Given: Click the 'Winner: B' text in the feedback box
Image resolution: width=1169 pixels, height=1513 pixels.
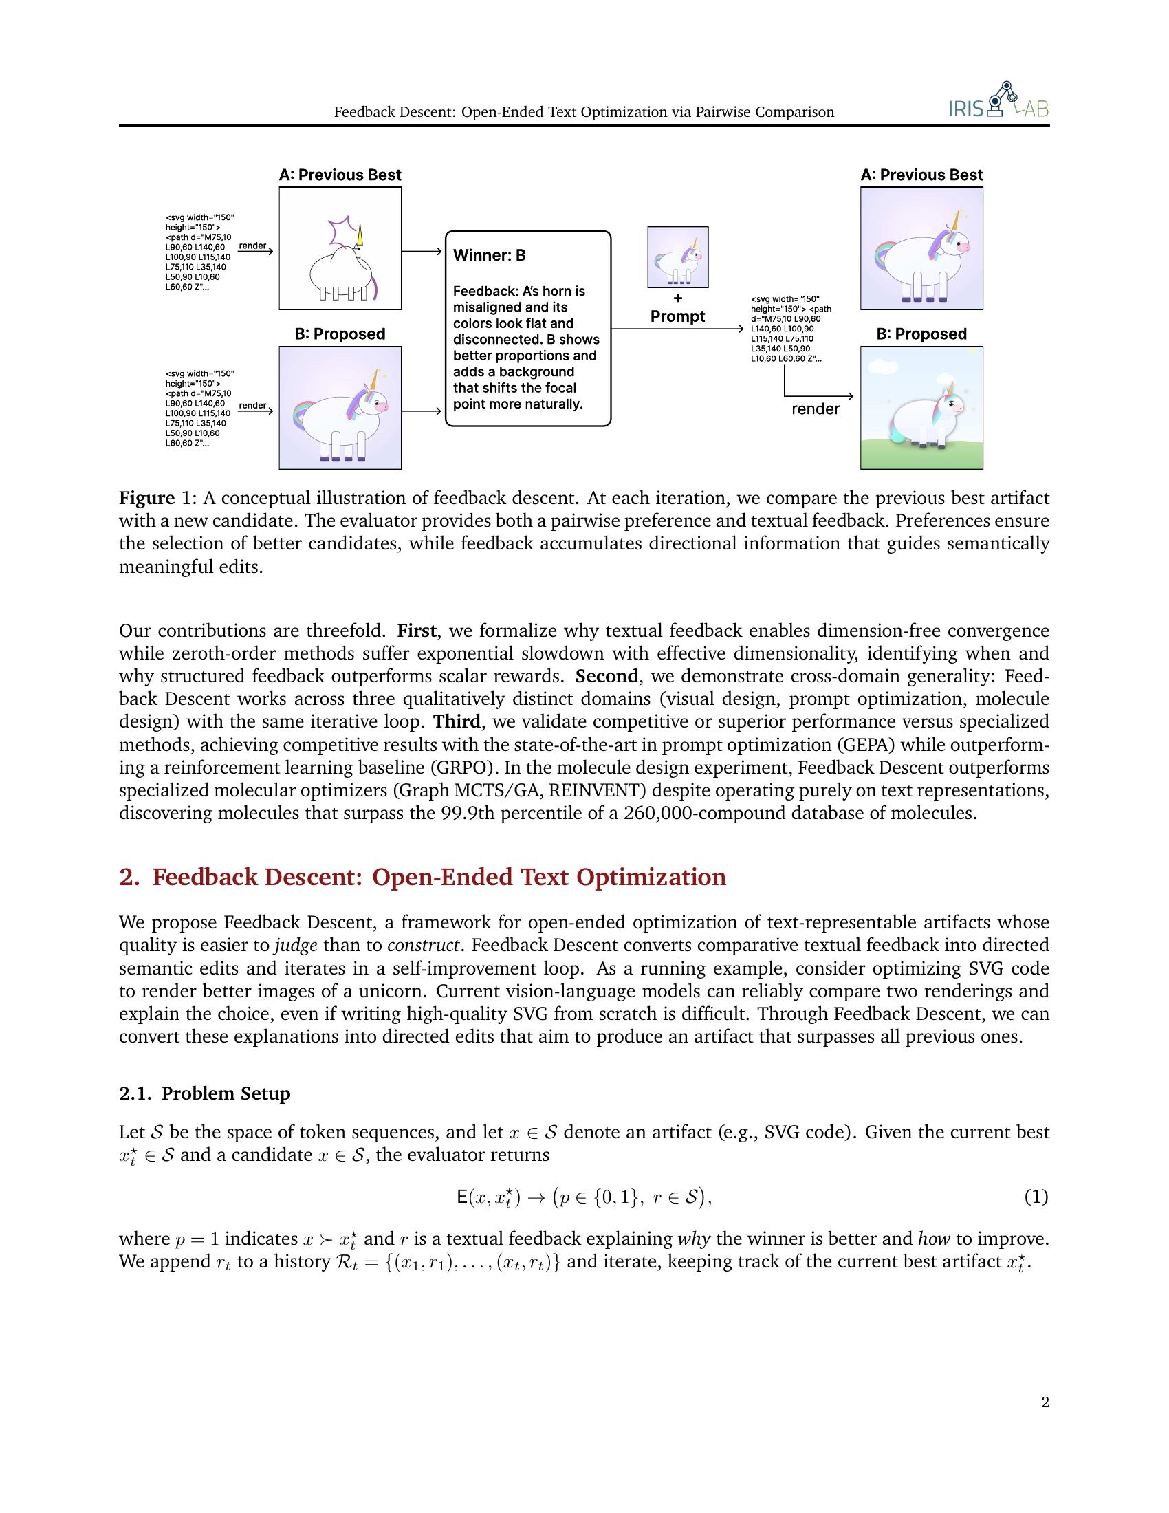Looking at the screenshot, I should tap(489, 256).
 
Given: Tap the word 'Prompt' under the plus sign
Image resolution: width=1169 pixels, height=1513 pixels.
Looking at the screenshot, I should tap(677, 316).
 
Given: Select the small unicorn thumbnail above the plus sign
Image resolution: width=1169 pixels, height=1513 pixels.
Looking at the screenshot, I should tap(677, 257).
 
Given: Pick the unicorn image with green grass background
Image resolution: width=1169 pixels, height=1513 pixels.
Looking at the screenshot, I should tap(921, 408).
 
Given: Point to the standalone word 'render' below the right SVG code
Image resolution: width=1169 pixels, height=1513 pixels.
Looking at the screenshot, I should tap(815, 409).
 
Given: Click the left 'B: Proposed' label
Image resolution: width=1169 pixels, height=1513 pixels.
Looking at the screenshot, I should tap(339, 334).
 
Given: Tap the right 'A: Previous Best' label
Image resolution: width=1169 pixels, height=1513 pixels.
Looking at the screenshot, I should tap(921, 175).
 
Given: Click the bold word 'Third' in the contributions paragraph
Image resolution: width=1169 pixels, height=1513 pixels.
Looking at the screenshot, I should tap(457, 722).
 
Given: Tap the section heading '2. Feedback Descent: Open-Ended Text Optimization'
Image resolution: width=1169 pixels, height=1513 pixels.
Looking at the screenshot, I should tap(422, 877).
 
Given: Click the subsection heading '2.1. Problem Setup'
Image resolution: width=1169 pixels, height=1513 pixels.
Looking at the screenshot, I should tap(205, 1094).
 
